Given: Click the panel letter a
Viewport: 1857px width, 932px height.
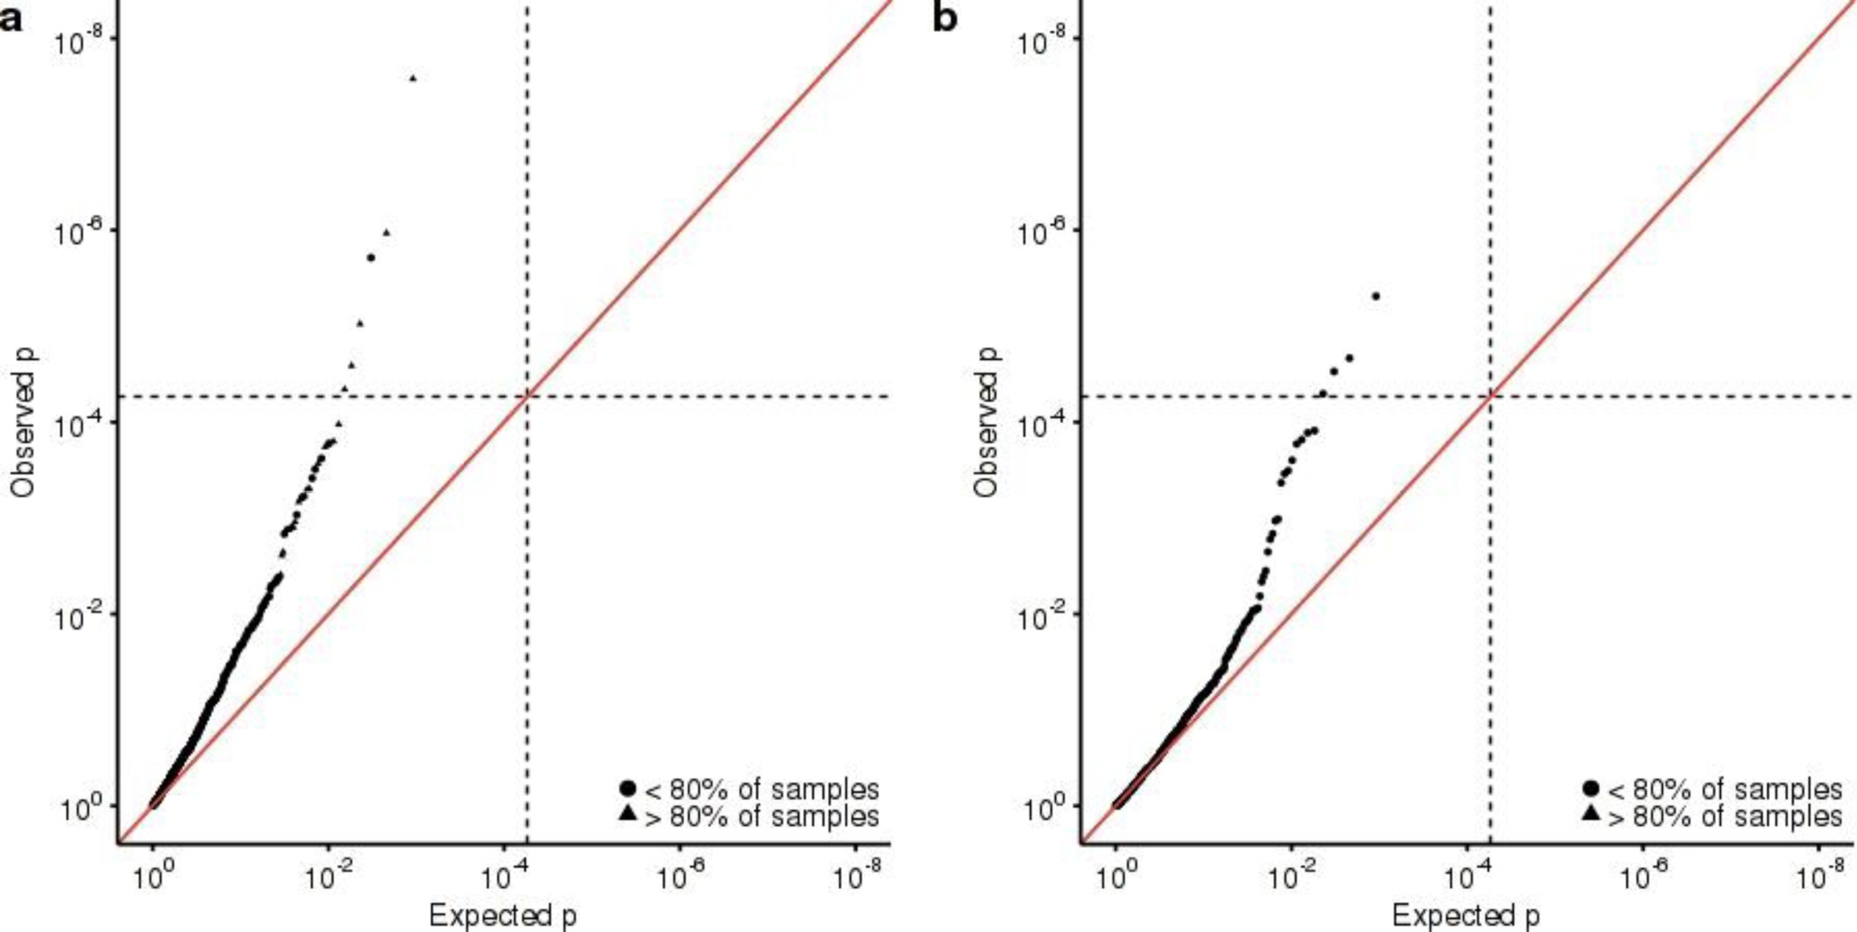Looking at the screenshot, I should [11, 17].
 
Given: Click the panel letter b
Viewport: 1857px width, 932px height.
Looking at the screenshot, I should [945, 17].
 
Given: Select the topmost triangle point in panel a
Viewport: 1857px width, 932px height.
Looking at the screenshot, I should [413, 79].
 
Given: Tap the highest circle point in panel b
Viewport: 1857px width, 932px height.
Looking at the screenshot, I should [1376, 296].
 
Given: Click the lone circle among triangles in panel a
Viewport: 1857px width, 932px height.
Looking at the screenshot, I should [371, 258].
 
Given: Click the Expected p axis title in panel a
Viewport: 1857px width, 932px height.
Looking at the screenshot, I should [503, 915].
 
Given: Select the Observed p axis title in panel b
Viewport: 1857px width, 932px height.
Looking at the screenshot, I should [986, 423].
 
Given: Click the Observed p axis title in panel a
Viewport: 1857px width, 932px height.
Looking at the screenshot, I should [23, 423].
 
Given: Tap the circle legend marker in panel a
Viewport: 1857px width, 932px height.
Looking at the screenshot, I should [628, 788].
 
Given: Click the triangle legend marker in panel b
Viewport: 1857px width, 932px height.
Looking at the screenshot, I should [1591, 814].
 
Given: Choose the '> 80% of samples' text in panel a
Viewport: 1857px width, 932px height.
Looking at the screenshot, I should [761, 817].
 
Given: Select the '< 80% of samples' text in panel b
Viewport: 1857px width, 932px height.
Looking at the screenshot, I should [1725, 789].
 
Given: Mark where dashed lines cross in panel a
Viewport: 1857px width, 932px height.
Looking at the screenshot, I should [527, 396].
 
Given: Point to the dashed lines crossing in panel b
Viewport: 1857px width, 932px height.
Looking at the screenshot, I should [1491, 396].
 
